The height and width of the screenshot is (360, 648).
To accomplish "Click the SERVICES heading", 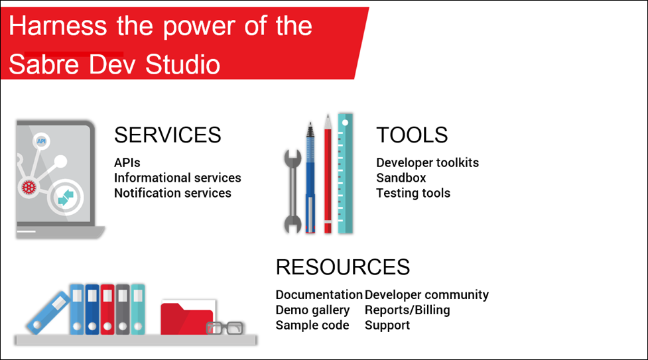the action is point(167,135).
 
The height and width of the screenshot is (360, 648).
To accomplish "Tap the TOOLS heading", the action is point(412,135).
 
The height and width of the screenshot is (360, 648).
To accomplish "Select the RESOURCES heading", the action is point(343,267).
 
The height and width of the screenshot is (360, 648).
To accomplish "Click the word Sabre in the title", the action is point(43,64).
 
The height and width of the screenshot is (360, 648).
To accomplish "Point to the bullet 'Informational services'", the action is point(177,178).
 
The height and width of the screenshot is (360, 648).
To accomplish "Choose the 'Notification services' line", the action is point(172,193).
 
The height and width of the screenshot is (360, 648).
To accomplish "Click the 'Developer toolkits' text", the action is point(427,162).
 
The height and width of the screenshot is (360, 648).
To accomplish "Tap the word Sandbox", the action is point(401,178).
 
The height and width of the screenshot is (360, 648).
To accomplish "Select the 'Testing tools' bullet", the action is point(413,193).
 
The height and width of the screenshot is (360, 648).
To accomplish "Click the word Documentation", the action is point(319,294).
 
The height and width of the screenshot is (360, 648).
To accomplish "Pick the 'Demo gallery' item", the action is point(312,310).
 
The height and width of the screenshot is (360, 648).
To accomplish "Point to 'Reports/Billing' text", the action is point(407,310).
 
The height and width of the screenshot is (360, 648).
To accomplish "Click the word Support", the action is point(387,326).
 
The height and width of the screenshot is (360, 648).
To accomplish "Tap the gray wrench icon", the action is point(292,192).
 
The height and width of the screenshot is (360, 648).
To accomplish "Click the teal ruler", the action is point(345,173).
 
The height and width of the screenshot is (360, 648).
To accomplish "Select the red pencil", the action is point(328,174).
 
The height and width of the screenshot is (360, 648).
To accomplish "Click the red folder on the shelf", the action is point(187,318).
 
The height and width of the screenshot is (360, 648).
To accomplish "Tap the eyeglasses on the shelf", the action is point(225,328).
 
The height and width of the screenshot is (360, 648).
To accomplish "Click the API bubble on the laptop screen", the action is point(41,141).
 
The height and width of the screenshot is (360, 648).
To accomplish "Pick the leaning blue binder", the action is point(48,312).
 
